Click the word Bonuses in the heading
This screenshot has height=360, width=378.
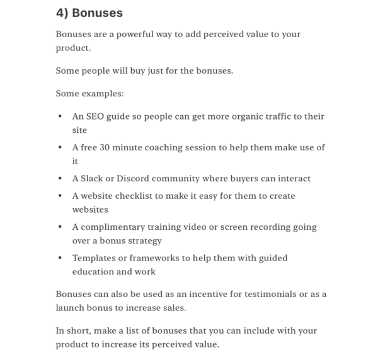98,13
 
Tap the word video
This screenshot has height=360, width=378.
215,227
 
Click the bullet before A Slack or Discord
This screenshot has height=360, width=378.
60,179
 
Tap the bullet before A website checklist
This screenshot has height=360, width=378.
60,196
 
